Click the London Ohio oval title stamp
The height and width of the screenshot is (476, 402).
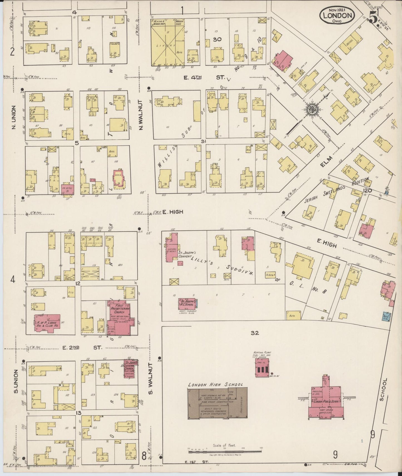(337, 16)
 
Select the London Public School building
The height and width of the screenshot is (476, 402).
(324, 400)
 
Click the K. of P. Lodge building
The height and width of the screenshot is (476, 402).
(47, 323)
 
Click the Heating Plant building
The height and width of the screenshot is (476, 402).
(262, 368)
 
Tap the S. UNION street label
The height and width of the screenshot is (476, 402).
(16, 382)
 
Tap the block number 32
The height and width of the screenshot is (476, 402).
(255, 333)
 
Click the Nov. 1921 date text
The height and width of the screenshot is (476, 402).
(337, 9)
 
